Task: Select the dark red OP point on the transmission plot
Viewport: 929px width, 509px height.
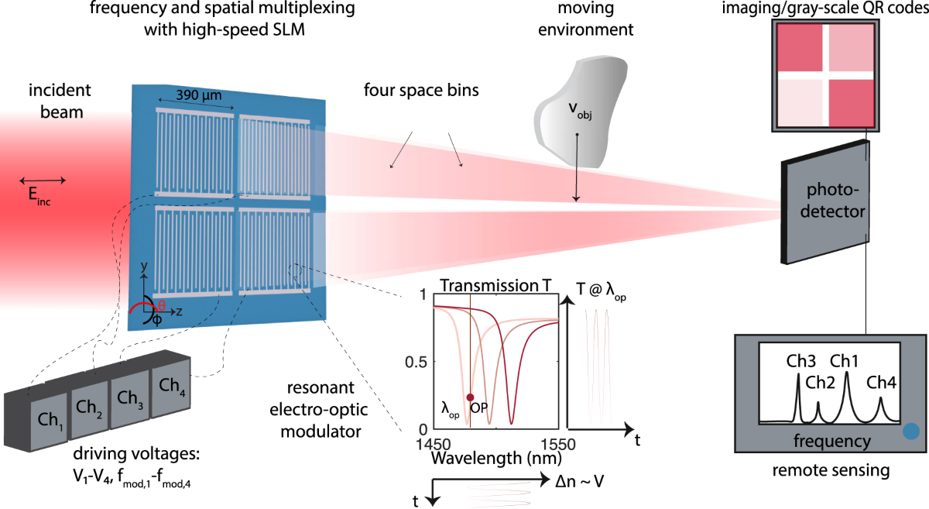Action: (470, 397)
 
